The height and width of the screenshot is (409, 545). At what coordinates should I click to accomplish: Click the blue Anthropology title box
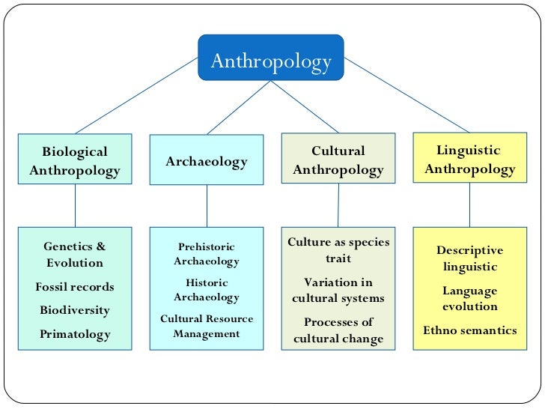pos(271,60)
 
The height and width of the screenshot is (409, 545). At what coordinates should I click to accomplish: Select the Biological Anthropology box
pos(75,161)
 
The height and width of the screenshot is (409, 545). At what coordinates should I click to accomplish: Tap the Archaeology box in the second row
pos(207,160)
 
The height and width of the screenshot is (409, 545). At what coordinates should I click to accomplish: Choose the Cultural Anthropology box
pos(338,160)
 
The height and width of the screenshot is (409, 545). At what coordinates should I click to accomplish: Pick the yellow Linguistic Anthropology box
pos(470,160)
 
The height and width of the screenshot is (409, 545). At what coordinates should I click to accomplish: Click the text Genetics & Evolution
pos(75,255)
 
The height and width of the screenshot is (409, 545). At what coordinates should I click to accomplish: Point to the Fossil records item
pos(75,287)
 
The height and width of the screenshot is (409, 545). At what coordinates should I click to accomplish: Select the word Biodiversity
pos(75,310)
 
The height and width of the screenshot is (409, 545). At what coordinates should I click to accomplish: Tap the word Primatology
pos(75,334)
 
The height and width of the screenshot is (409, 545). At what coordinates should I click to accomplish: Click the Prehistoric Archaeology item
pos(207,254)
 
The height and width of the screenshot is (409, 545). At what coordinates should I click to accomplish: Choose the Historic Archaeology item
pos(207,290)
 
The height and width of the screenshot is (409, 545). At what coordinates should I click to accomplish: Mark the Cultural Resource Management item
pos(207,326)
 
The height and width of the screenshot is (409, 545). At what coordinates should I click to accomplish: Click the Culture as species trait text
pos(338,250)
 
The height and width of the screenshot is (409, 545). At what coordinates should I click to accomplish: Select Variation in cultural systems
pos(338,290)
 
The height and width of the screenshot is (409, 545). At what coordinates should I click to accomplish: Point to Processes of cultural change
pos(338,330)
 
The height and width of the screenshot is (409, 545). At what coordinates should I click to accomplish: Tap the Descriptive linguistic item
pos(470,258)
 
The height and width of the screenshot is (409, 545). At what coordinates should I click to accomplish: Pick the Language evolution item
pos(470,298)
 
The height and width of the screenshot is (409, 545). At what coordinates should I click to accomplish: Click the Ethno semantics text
pos(470,330)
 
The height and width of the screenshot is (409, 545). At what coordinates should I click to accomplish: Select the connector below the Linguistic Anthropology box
pos(470,204)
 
